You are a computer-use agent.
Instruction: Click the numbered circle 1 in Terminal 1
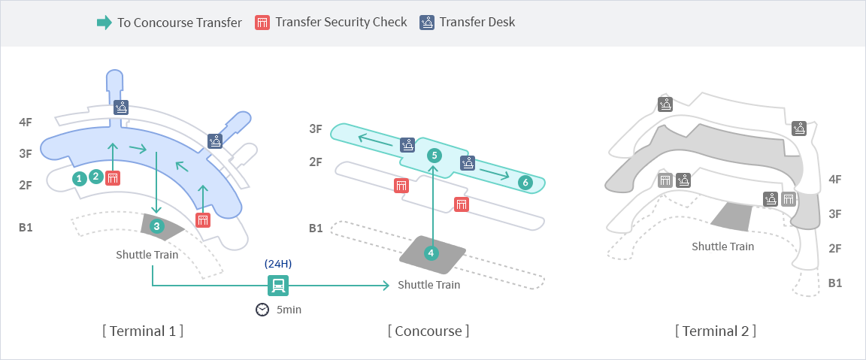tap(79, 178)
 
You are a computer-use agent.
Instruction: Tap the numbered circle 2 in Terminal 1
tap(95, 177)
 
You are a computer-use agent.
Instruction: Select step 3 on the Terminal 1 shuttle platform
tap(156, 225)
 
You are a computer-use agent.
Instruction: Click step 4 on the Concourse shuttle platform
tap(431, 253)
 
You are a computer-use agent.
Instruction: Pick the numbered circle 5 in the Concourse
tap(433, 155)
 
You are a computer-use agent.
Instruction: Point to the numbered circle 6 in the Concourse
tap(525, 182)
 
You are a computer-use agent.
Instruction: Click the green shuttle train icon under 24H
tap(278, 285)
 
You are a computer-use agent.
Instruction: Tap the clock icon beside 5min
tap(262, 310)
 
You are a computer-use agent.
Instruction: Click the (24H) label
tap(278, 264)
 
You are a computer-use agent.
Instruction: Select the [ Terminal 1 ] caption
tap(143, 331)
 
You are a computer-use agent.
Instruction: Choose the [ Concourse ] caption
tap(428, 331)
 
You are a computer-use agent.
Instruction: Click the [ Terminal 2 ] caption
tap(716, 331)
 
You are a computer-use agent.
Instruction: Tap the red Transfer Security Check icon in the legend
tap(262, 22)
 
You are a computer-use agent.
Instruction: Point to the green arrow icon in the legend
tap(104, 22)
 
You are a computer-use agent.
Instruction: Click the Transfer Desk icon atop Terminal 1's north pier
tap(121, 107)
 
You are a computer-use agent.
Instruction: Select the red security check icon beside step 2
tap(113, 178)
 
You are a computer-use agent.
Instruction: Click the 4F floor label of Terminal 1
tap(26, 122)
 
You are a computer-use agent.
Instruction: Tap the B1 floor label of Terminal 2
tap(834, 283)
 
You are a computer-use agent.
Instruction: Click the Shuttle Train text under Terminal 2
tap(722, 246)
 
